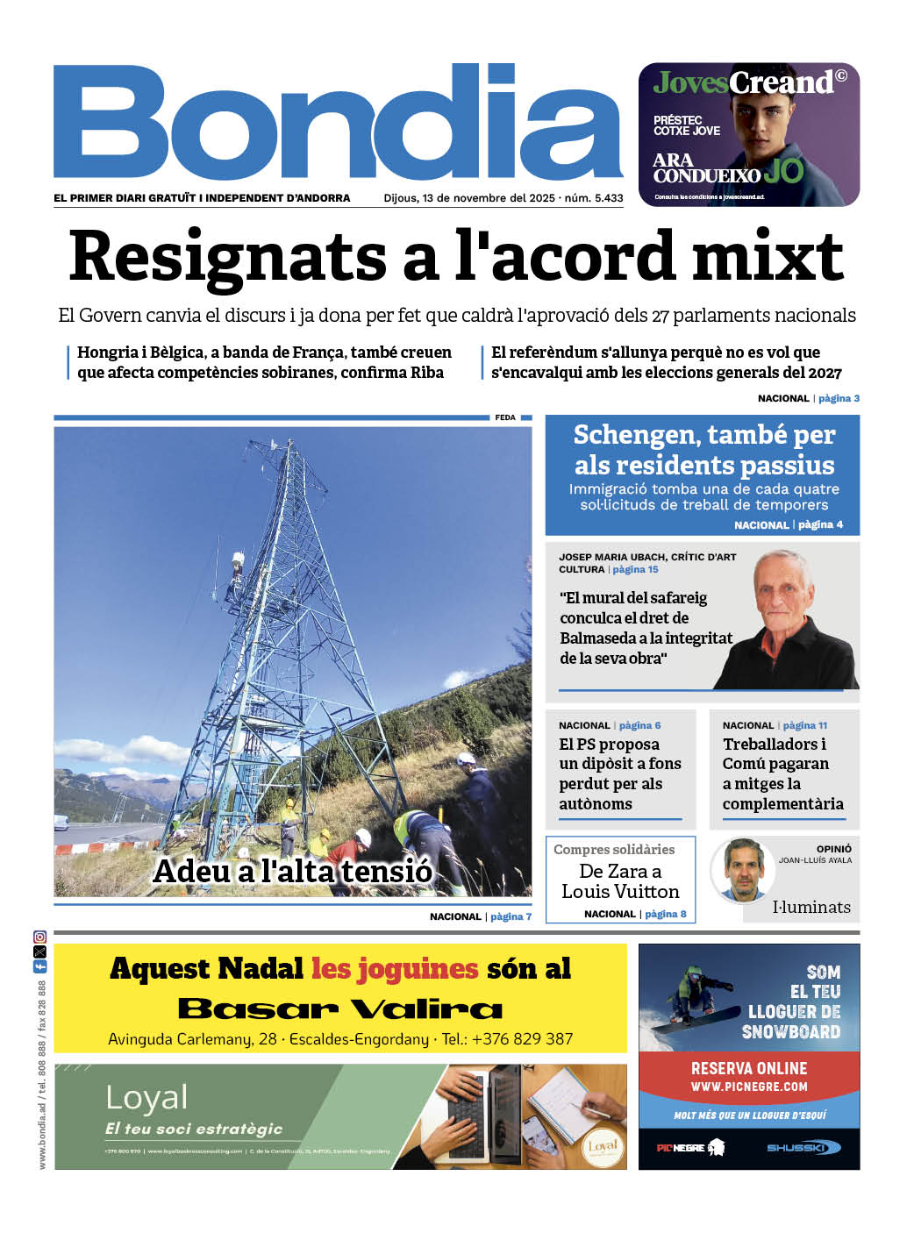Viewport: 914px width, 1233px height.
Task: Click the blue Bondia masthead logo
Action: tap(338, 123)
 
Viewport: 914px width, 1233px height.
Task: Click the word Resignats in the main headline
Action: tap(227, 257)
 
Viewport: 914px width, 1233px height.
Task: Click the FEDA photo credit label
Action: tap(505, 417)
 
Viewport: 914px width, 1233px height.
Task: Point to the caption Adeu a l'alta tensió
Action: tap(292, 871)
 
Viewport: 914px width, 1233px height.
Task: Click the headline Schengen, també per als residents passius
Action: tap(703, 450)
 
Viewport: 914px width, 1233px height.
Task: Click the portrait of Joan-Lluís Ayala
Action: tap(744, 868)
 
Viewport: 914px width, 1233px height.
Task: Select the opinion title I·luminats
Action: tap(810, 907)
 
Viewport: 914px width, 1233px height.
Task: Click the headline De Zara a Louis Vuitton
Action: tap(620, 881)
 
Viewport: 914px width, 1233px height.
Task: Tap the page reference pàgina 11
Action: tap(804, 725)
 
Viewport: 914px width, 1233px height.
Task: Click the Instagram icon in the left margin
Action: tap(39, 937)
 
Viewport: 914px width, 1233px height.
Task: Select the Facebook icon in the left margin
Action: tap(39, 966)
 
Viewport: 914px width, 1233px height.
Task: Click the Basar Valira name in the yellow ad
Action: tap(340, 1008)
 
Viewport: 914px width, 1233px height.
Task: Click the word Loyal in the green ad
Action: tap(146, 1097)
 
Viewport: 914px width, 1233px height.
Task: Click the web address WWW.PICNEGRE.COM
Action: tap(748, 1087)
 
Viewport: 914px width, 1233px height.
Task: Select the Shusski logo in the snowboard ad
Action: tap(803, 1147)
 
